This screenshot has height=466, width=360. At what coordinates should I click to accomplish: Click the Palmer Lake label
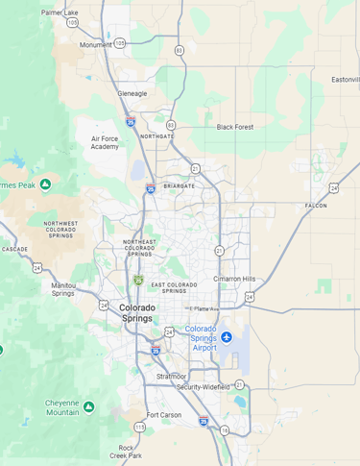60,12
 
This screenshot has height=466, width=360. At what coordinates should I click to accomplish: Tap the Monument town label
95,44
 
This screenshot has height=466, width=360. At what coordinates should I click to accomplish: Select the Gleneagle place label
132,94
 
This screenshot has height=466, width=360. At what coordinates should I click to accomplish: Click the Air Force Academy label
106,142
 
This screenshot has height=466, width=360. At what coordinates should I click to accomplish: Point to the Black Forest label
236,127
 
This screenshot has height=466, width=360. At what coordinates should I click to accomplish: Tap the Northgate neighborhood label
157,136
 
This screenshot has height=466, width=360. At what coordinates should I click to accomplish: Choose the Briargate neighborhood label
179,185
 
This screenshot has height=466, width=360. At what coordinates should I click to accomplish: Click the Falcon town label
315,206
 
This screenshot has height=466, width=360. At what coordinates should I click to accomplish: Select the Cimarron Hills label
234,279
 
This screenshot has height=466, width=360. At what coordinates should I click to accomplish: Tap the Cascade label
14,249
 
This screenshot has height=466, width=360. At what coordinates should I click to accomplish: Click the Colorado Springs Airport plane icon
228,336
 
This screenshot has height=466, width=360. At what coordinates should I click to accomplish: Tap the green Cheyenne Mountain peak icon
89,406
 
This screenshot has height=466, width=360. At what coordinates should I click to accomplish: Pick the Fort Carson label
163,415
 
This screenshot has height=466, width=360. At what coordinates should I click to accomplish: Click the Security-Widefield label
203,386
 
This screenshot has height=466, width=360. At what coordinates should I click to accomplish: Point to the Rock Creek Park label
127,452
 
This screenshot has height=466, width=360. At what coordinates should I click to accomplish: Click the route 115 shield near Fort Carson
139,426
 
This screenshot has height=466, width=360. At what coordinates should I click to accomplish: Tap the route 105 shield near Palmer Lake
72,23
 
